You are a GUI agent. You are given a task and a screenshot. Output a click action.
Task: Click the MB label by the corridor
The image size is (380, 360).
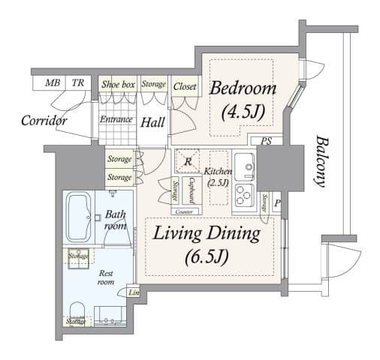click(x=53, y=83)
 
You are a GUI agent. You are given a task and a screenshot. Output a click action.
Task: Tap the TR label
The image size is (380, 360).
click(x=78, y=83)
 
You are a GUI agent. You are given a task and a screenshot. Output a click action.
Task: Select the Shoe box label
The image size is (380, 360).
click(x=118, y=85)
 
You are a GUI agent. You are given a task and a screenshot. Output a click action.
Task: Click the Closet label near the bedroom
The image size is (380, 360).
click(x=185, y=86)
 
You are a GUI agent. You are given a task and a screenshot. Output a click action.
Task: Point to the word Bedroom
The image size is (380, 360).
click(x=243, y=88)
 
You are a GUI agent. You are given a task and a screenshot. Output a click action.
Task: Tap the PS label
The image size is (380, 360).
click(x=266, y=141)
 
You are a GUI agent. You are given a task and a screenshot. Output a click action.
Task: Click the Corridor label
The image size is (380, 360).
click(x=44, y=120)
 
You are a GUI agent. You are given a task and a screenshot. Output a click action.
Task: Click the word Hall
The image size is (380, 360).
click(x=153, y=121)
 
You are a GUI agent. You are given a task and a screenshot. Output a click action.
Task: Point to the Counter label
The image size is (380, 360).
click(x=189, y=212)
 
